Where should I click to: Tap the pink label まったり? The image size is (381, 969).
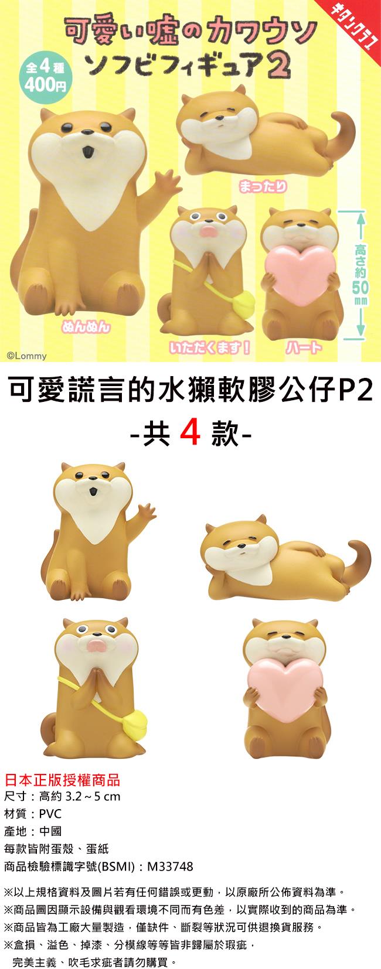[263, 186]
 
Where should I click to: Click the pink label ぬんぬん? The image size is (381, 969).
[86, 327]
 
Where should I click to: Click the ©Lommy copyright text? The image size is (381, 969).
[26, 356]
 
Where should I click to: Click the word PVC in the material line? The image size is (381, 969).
[50, 814]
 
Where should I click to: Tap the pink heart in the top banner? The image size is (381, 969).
[301, 276]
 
